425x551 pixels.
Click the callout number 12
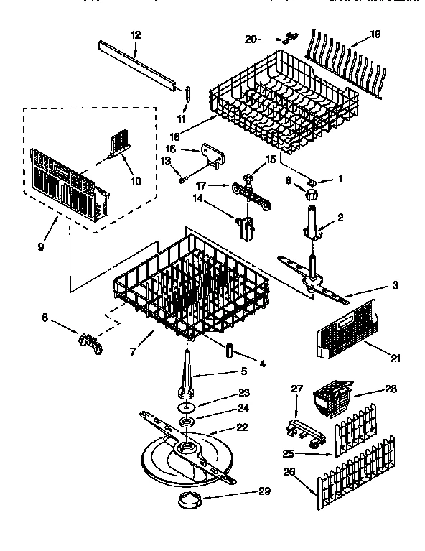[136, 34]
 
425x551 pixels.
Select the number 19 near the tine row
[374, 33]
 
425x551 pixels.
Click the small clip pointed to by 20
[290, 37]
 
